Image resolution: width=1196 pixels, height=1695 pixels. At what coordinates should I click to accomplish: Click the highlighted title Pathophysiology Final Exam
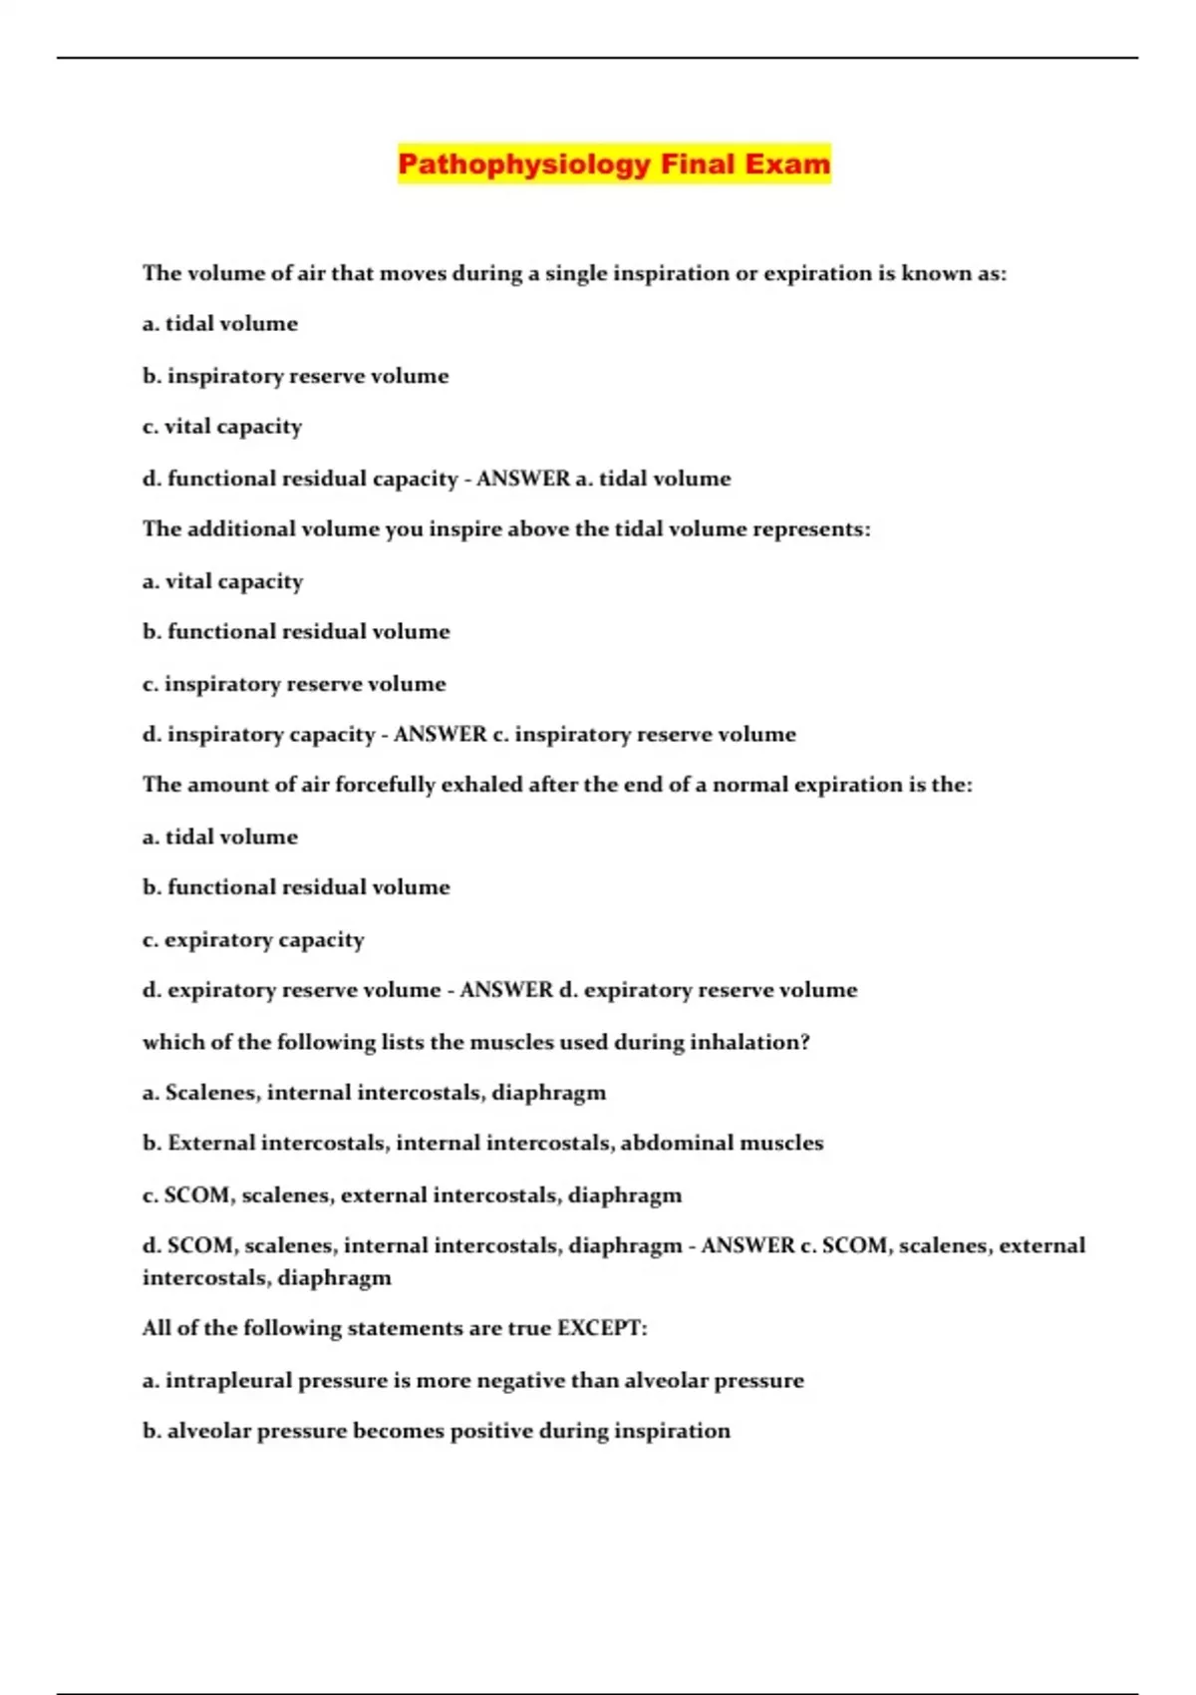pyautogui.click(x=613, y=164)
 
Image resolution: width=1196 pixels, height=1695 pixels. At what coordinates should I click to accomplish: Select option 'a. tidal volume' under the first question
pyautogui.click(x=220, y=324)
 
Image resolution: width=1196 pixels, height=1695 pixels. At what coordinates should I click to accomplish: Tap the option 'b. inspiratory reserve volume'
pyautogui.click(x=295, y=376)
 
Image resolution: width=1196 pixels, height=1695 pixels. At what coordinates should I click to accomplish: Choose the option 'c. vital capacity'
pyautogui.click(x=222, y=427)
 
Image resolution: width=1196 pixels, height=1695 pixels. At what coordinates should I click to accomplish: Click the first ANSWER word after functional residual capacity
pyautogui.click(x=523, y=479)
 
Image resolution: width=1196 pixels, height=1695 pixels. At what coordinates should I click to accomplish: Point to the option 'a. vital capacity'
pyautogui.click(x=222, y=581)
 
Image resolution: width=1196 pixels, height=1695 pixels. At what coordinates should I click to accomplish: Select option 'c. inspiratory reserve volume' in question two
pyautogui.click(x=294, y=684)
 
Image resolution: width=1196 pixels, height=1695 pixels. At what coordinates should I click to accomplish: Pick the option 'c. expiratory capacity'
pyautogui.click(x=253, y=939)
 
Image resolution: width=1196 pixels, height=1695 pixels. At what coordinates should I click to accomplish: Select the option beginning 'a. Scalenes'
pyautogui.click(x=374, y=1093)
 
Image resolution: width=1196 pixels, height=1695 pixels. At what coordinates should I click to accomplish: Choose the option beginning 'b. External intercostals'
pyautogui.click(x=482, y=1144)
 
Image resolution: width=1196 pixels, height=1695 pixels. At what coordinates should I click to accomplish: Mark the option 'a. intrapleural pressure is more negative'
pyautogui.click(x=472, y=1381)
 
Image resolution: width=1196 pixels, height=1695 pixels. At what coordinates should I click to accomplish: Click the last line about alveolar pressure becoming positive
pyautogui.click(x=436, y=1431)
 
